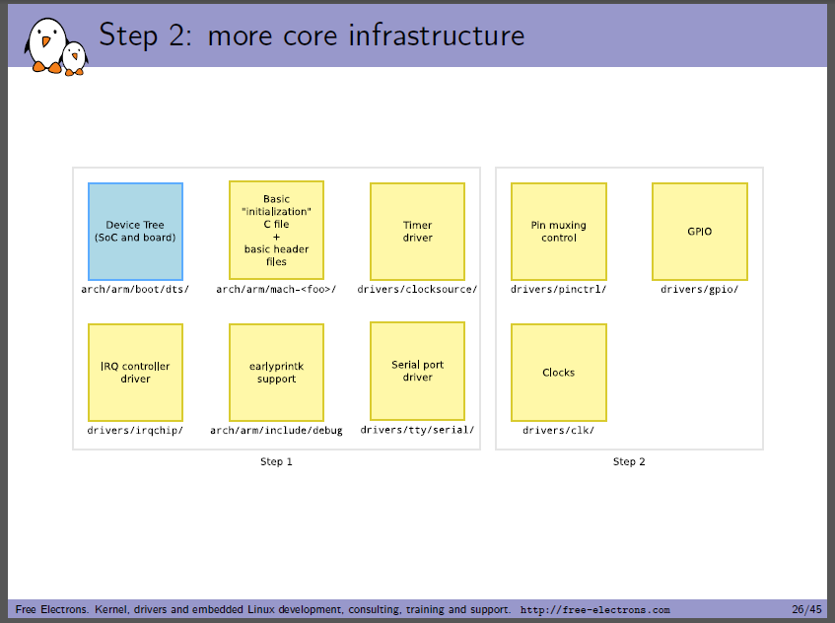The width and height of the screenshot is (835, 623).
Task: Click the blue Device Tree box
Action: click(135, 232)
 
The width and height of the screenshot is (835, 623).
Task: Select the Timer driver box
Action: click(418, 232)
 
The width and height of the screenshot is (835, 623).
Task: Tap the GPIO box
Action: click(700, 232)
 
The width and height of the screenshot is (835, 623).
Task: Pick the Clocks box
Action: click(559, 373)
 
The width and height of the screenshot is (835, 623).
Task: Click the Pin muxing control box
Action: click(559, 232)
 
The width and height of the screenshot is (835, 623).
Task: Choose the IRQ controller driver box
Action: click(135, 373)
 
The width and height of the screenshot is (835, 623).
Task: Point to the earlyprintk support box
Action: click(276, 373)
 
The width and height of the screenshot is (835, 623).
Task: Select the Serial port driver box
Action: click(418, 371)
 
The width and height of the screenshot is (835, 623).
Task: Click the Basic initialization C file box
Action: click(276, 230)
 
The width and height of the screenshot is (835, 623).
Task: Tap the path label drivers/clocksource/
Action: click(417, 289)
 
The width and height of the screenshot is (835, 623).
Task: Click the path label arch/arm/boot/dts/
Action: click(135, 289)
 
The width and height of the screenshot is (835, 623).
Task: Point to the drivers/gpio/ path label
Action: click(699, 289)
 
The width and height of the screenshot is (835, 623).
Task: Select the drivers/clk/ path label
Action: click(558, 430)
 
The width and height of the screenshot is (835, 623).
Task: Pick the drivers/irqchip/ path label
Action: click(135, 430)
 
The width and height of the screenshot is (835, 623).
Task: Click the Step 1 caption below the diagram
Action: click(276, 461)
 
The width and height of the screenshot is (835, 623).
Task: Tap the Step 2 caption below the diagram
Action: click(629, 461)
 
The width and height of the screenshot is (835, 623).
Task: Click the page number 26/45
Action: click(806, 609)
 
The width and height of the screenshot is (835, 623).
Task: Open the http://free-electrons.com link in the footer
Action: click(594, 609)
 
